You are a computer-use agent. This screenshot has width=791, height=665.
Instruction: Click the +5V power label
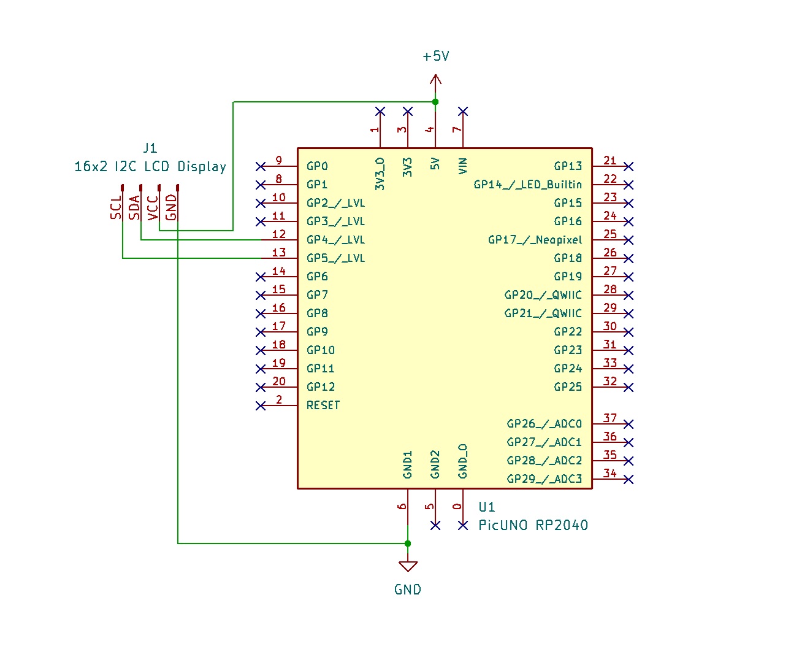click(436, 56)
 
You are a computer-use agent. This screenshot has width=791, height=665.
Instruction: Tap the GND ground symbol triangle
click(408, 566)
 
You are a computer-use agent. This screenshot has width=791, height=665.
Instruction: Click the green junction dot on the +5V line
click(435, 102)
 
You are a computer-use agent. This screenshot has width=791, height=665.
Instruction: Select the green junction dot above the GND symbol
click(408, 544)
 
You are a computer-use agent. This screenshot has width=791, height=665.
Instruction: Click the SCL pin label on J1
click(116, 208)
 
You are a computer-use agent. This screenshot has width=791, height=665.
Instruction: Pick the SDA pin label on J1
click(134, 207)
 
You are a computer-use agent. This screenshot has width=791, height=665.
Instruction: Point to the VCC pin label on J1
click(153, 207)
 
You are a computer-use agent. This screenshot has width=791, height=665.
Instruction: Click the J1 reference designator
click(150, 148)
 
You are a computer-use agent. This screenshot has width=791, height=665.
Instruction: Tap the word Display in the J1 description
click(202, 167)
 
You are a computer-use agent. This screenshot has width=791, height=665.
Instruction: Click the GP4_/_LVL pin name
click(335, 240)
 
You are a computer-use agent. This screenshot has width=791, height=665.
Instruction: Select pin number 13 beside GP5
click(279, 252)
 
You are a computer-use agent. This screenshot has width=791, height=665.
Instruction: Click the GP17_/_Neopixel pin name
click(535, 240)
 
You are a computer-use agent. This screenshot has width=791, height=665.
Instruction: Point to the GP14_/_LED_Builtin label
click(527, 185)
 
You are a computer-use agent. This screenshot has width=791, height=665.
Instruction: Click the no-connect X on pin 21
click(628, 166)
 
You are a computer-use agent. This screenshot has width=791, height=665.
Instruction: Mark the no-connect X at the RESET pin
click(261, 406)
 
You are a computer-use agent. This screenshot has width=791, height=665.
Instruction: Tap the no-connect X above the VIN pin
click(463, 112)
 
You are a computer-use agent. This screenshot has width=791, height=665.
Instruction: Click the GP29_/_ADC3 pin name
click(544, 479)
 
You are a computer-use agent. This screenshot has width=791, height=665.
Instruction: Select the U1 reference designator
click(486, 507)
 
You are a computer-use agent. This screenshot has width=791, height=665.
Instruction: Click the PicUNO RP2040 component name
click(533, 526)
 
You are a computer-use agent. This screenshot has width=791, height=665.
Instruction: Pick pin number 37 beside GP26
click(609, 418)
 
